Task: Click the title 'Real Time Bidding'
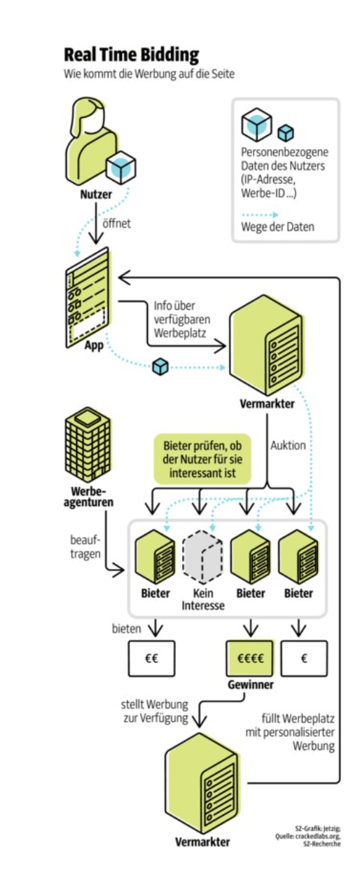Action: pyautogui.click(x=132, y=55)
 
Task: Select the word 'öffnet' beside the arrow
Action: pyautogui.click(x=116, y=224)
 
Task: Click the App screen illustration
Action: pyautogui.click(x=88, y=298)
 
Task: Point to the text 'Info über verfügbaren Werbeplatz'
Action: pyautogui.click(x=181, y=320)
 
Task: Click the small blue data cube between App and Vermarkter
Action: pyautogui.click(x=160, y=366)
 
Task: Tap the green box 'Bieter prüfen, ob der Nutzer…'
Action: pyautogui.click(x=202, y=459)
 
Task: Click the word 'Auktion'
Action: pyautogui.click(x=288, y=445)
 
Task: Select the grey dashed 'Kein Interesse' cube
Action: pyautogui.click(x=202, y=557)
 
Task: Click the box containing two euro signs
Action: pyautogui.click(x=151, y=658)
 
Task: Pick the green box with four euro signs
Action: pyautogui.click(x=250, y=658)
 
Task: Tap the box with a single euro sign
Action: pyautogui.click(x=304, y=658)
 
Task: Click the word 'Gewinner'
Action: pyautogui.click(x=250, y=685)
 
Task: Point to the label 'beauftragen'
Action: pyautogui.click(x=85, y=547)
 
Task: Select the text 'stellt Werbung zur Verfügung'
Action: pyautogui.click(x=155, y=711)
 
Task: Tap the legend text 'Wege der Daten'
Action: pyautogui.click(x=277, y=227)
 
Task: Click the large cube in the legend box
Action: pyautogui.click(x=256, y=125)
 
